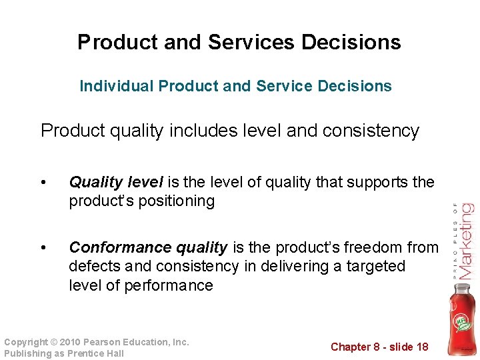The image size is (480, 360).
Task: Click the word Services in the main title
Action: pos(251,42)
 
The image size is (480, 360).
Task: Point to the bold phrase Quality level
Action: pos(116,182)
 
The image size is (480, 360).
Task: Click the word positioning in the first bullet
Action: pos(177,201)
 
